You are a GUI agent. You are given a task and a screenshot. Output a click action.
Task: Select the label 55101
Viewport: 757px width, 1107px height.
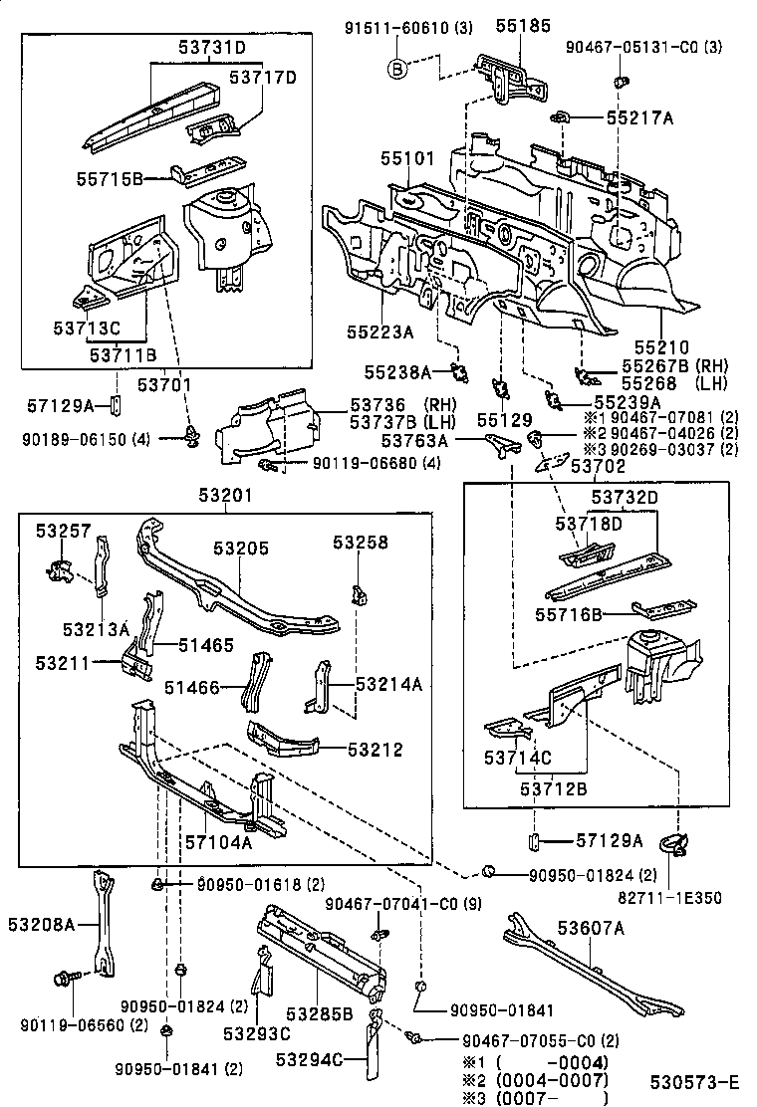[406, 158]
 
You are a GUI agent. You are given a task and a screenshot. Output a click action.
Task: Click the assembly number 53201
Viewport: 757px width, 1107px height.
[225, 496]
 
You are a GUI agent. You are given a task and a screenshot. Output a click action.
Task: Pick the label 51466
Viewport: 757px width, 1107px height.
[192, 687]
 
